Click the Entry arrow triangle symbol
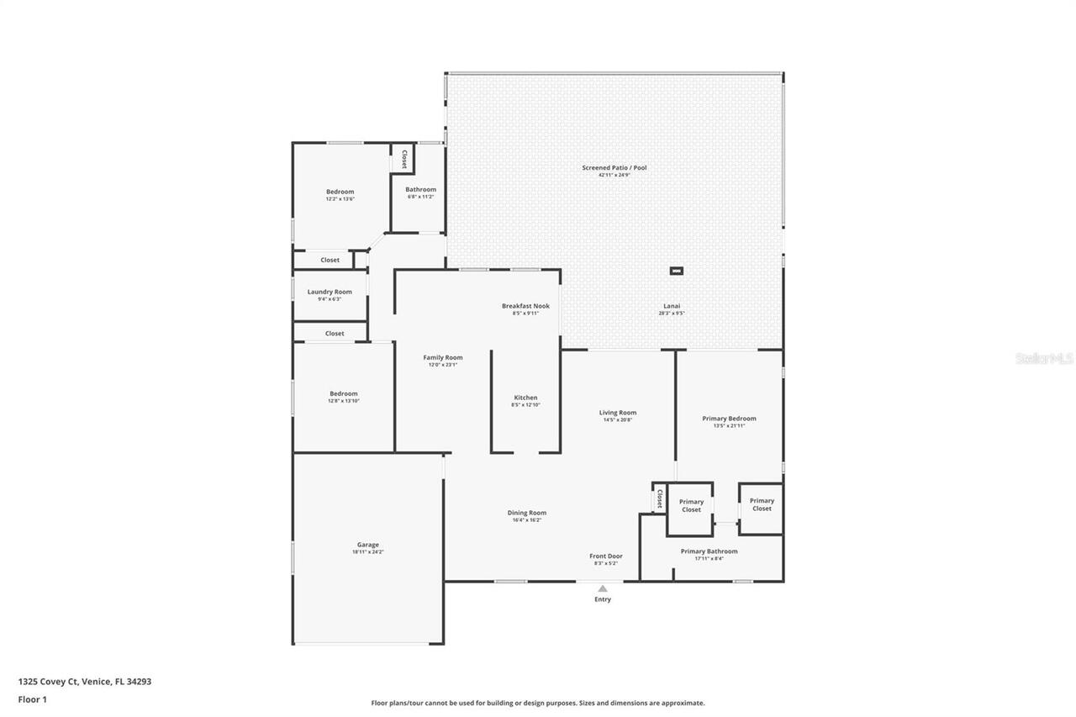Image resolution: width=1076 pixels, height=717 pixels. click(602, 588)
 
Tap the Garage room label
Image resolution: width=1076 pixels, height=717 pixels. click(367, 545)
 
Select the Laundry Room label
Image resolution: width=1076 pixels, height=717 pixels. click(330, 292)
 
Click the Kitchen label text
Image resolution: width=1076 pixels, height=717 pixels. click(525, 398)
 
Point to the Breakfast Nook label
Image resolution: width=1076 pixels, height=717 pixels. click(525, 306)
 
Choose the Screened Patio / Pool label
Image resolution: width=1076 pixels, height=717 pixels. click(614, 168)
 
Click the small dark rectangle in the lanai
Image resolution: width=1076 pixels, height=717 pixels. click(676, 271)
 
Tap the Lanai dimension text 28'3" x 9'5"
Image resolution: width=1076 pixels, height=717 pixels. click(671, 314)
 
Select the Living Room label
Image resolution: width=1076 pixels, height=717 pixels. click(617, 413)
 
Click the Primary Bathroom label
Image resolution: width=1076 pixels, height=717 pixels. click(709, 551)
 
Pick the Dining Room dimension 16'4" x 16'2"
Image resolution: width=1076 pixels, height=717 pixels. click(527, 520)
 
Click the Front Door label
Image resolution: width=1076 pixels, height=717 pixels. click(605, 556)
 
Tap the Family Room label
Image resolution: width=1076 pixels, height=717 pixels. click(442, 357)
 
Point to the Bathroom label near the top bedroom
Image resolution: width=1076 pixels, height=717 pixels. click(420, 189)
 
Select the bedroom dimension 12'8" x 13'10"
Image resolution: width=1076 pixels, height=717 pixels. click(343, 401)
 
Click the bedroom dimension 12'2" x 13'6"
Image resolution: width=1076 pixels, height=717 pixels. click(340, 199)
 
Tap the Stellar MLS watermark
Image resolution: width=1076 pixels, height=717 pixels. click(1044, 358)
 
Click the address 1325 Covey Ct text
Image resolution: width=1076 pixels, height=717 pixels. click(84, 682)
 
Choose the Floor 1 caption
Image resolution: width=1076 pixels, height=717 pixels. click(33, 699)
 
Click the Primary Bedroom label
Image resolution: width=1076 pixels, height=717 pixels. click(729, 419)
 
